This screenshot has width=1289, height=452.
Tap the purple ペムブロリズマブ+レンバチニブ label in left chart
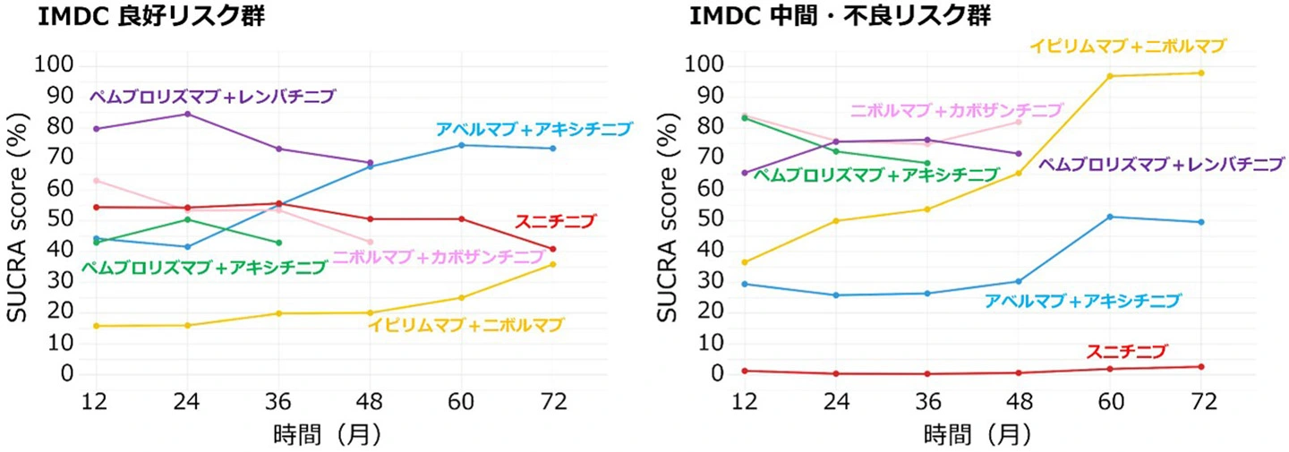(x=213, y=96)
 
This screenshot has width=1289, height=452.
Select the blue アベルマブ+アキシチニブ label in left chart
(x=534, y=129)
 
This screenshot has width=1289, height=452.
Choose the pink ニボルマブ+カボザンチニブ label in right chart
(x=956, y=110)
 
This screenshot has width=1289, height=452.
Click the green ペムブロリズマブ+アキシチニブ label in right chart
(x=875, y=175)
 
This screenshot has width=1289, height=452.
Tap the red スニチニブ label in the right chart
(x=1127, y=352)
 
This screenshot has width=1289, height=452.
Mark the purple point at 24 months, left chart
(x=187, y=114)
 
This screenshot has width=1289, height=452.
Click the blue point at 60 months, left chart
(x=461, y=145)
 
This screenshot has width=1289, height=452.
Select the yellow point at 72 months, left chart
(x=553, y=264)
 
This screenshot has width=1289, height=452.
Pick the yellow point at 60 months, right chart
(x=1110, y=76)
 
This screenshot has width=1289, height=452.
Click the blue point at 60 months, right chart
(x=1110, y=217)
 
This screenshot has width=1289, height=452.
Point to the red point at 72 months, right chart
(x=1201, y=366)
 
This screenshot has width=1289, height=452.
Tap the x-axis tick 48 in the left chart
(x=370, y=402)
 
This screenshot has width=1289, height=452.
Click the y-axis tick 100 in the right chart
(x=702, y=65)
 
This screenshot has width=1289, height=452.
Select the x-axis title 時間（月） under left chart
(x=328, y=435)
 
